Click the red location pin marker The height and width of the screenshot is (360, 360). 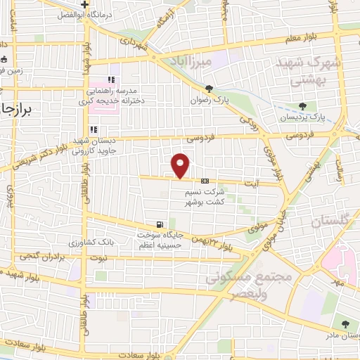[181, 165]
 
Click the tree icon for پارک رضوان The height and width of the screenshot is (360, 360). [209, 89]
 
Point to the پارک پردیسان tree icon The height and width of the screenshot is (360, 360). [302, 107]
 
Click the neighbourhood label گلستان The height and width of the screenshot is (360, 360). [328, 221]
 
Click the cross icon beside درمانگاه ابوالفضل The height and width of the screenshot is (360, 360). [84, 4]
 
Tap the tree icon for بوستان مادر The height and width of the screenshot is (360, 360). [345, 324]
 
